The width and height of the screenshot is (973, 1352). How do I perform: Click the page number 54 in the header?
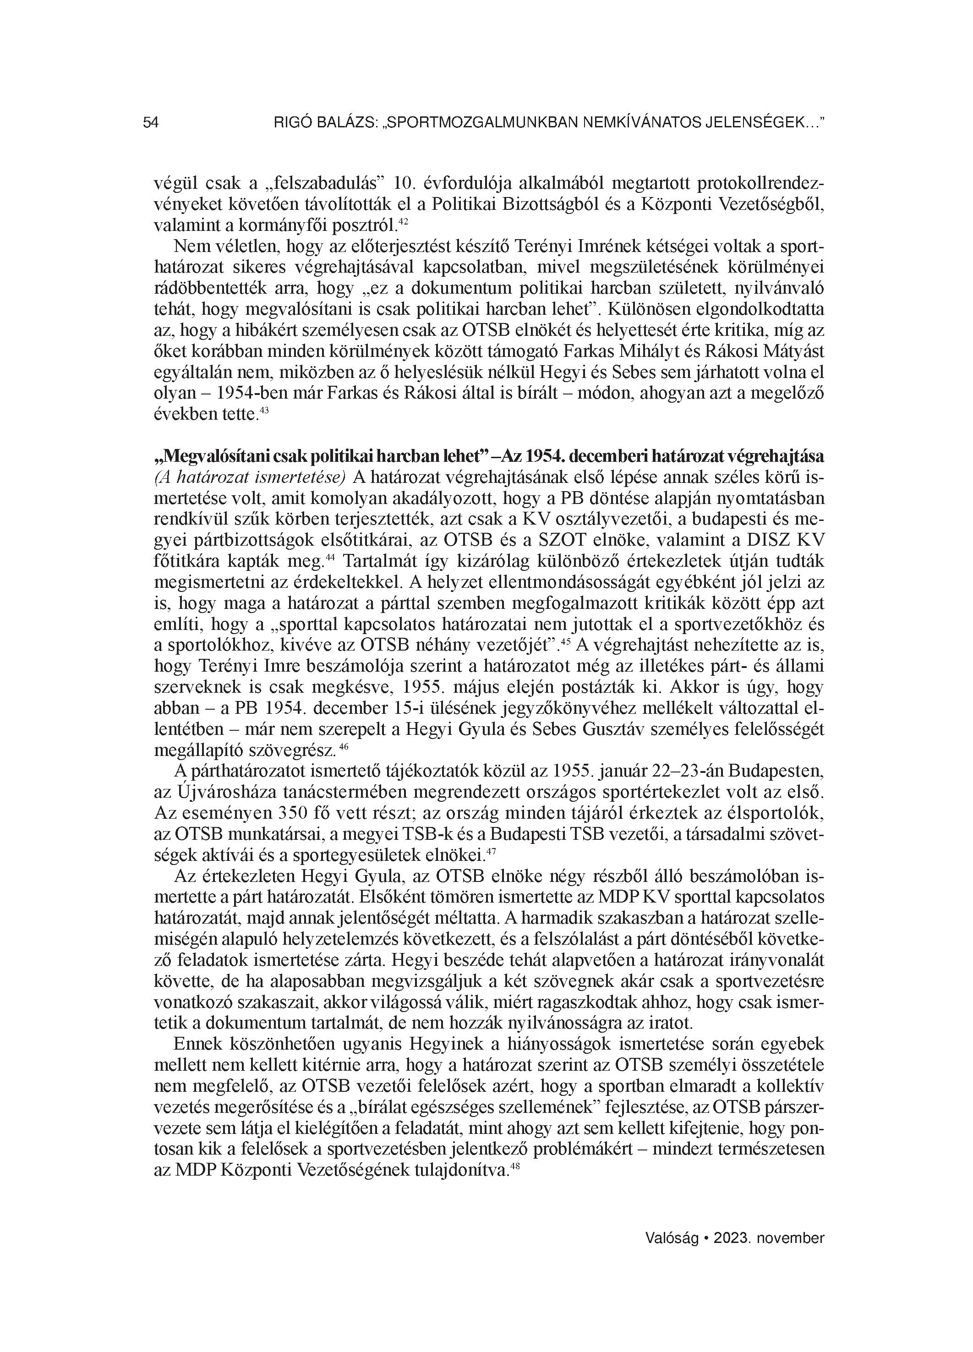tap(151, 123)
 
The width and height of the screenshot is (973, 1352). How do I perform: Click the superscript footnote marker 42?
tap(403, 222)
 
